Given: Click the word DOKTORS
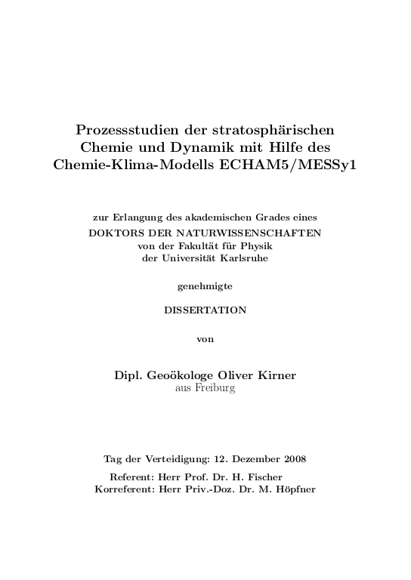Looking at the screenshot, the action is tap(114, 232).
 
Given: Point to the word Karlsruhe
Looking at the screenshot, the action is tap(244, 258).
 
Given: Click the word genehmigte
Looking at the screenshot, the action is tap(205, 286).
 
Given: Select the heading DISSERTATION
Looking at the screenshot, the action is tap(205, 310).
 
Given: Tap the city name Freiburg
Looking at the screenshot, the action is tap(216, 388).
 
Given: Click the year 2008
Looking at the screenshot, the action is tap(293, 459).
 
